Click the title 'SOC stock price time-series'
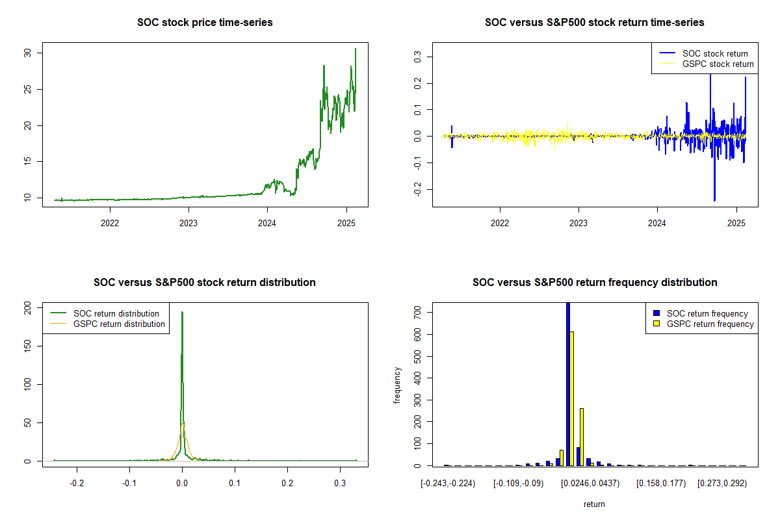pyautogui.click(x=205, y=23)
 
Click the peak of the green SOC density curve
pyautogui.click(x=182, y=313)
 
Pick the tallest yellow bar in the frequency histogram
pyautogui.click(x=572, y=398)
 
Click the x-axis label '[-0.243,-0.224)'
pyautogui.click(x=448, y=484)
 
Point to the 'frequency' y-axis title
pyautogui.click(x=397, y=385)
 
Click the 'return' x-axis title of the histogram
pyautogui.click(x=594, y=504)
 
